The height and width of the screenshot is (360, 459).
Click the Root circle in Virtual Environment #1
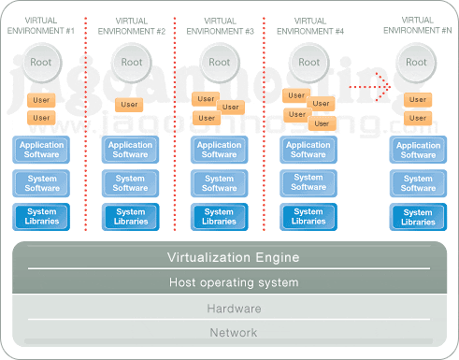40,64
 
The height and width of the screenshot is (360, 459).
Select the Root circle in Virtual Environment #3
219,64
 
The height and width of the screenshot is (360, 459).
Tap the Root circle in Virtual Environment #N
418,64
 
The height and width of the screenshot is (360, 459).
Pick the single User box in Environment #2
130,105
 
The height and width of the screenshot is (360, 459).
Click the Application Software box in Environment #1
40,150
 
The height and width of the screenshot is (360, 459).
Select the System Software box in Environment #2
130,183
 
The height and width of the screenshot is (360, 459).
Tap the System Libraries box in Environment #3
219,217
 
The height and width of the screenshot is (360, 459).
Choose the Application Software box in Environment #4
308,150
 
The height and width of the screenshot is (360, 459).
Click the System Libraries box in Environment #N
418,217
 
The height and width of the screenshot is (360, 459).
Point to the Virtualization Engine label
233,257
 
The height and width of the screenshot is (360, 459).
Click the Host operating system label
233,282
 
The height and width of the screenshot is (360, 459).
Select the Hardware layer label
233,309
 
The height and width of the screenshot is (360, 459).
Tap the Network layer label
233,332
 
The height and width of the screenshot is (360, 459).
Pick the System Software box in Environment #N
418,183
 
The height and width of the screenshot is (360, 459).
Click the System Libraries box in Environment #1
40,217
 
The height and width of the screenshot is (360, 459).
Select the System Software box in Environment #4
308,183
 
